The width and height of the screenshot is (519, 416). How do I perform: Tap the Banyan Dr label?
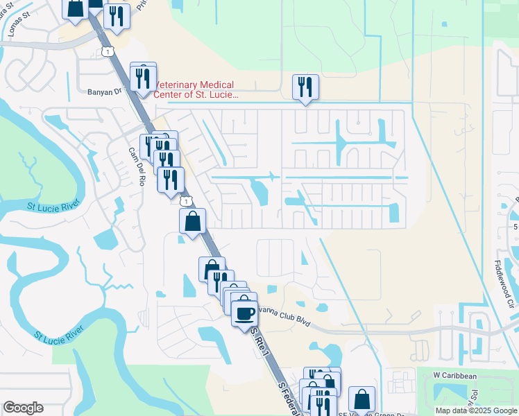click(x=104, y=91)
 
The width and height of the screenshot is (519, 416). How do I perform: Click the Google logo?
click(x=23, y=408)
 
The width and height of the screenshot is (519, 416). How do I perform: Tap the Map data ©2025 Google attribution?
click(x=476, y=410)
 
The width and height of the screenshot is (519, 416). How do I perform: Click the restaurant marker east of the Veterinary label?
click(x=305, y=87)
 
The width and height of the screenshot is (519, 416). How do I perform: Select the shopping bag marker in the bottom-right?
click(x=361, y=399)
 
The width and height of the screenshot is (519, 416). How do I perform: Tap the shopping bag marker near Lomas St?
click(x=75, y=8)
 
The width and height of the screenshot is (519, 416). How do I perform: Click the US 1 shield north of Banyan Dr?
click(x=106, y=51)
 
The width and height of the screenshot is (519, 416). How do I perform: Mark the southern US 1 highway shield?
click(x=185, y=200)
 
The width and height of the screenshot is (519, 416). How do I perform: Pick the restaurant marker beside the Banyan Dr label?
click(x=143, y=78)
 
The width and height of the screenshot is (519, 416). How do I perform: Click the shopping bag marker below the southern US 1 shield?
click(x=194, y=221)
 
